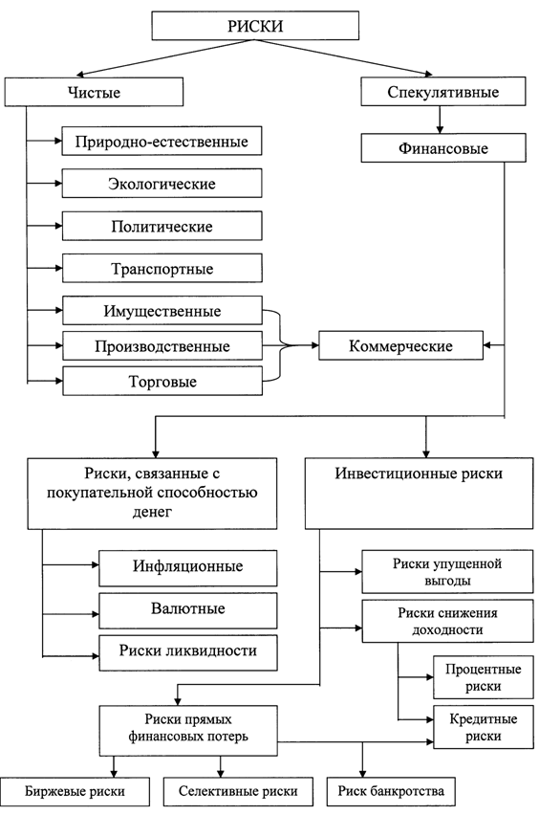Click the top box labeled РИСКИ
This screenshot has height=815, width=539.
(255, 26)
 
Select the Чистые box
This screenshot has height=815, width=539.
(94, 92)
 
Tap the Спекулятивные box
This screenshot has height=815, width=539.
(442, 92)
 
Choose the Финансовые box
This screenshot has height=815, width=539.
(442, 148)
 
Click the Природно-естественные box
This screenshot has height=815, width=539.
(162, 141)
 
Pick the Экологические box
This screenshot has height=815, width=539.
(162, 183)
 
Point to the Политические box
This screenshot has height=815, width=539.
(162, 226)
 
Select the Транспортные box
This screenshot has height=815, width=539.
(162, 268)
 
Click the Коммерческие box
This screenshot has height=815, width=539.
(400, 345)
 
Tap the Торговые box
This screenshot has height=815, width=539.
(162, 381)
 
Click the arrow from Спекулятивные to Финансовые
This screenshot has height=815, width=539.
(440, 121)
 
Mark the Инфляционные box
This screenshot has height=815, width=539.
(188, 568)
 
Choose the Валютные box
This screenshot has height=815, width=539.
(188, 610)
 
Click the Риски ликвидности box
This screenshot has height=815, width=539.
(188, 652)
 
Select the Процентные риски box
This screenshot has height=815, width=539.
(483, 677)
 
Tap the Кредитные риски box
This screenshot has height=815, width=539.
(483, 727)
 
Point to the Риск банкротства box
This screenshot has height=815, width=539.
(391, 792)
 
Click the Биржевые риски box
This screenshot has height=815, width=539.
(75, 792)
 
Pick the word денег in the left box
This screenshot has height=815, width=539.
(152, 512)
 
